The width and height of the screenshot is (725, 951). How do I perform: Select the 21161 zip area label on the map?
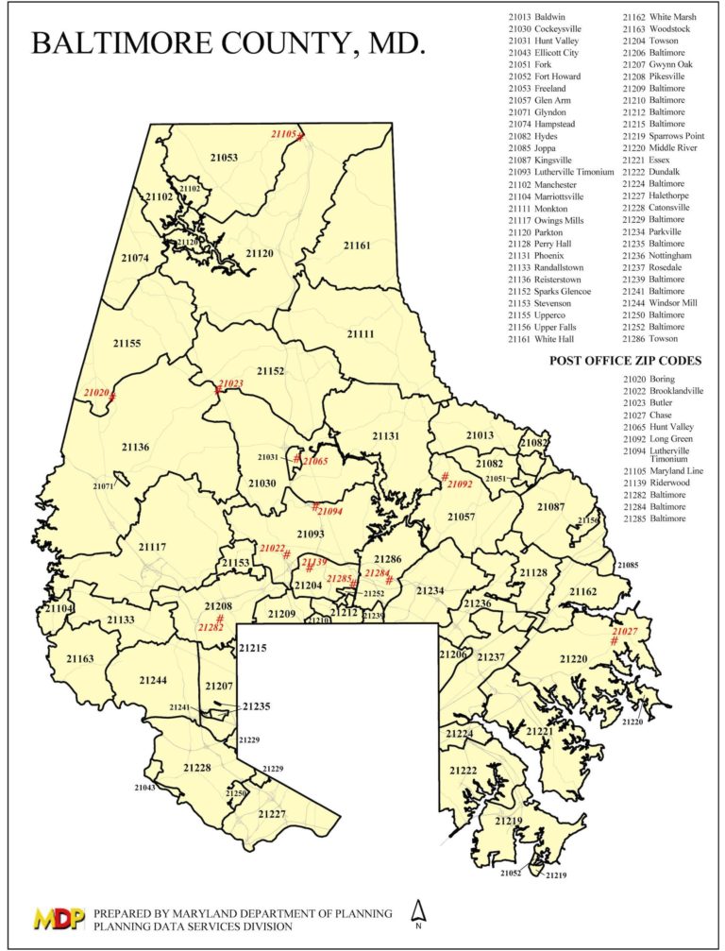click(x=357, y=246)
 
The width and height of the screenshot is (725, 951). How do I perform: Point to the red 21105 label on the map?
click(x=283, y=134)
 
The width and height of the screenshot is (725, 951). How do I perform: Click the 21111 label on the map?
click(x=361, y=333)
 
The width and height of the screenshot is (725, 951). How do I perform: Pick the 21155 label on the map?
click(x=126, y=343)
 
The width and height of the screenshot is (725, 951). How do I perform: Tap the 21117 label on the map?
click(x=152, y=547)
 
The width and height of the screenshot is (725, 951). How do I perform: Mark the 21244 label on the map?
click(x=153, y=680)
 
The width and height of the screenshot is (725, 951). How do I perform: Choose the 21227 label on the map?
click(x=272, y=813)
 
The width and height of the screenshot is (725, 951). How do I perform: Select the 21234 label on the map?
click(x=430, y=590)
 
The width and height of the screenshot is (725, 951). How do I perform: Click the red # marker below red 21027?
click(x=614, y=641)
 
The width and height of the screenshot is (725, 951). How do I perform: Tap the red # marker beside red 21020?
click(x=112, y=396)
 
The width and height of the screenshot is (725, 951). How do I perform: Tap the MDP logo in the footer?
click(x=58, y=919)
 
